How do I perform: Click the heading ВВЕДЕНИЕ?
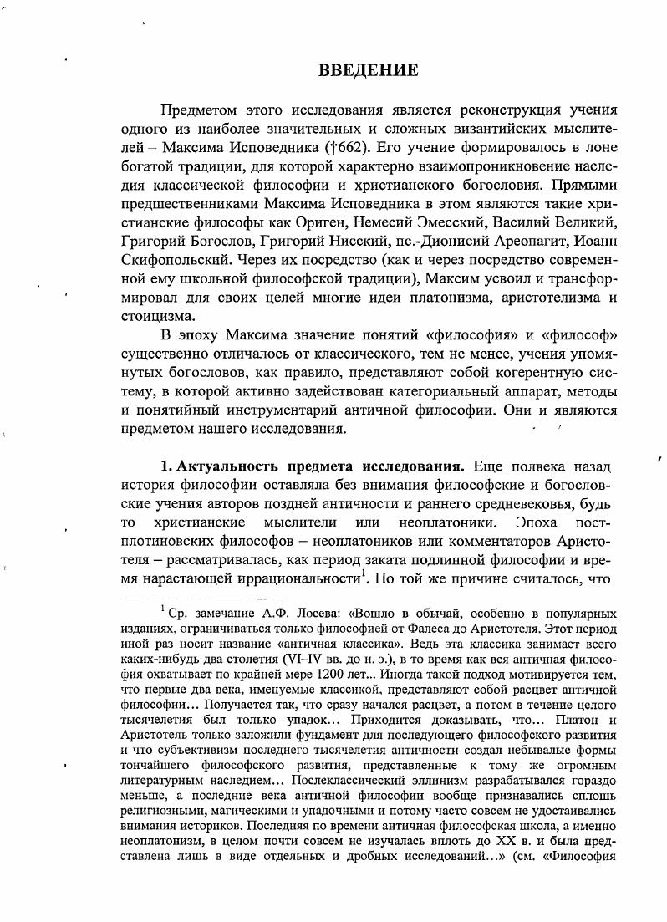point(368,70)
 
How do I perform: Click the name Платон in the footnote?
point(558,721)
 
